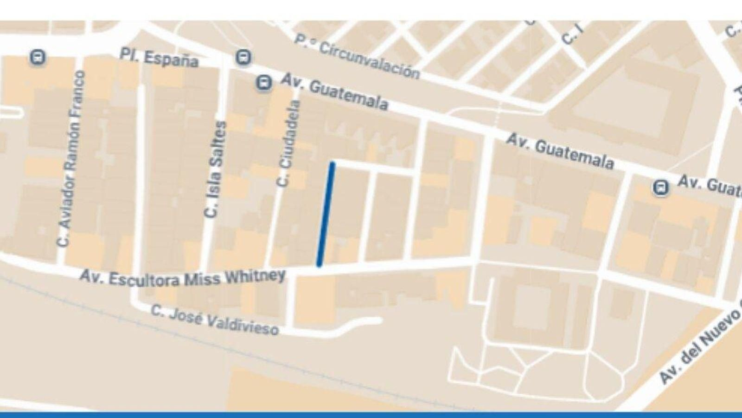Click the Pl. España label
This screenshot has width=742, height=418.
pos(159,57)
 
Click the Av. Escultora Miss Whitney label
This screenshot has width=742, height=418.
pos(182,278)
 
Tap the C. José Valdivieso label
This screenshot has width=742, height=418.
pos(215,320)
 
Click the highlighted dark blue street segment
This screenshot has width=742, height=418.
pos(326,214)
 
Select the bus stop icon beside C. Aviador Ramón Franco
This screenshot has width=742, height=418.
pos(37,58)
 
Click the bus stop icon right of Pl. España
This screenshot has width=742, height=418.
pos(243,58)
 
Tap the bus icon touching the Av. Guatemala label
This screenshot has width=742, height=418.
pos(264,84)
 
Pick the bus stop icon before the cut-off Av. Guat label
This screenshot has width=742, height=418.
pos(660,188)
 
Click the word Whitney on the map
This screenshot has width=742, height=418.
pos(255,277)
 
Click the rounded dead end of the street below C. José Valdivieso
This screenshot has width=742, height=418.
pos(377,320)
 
